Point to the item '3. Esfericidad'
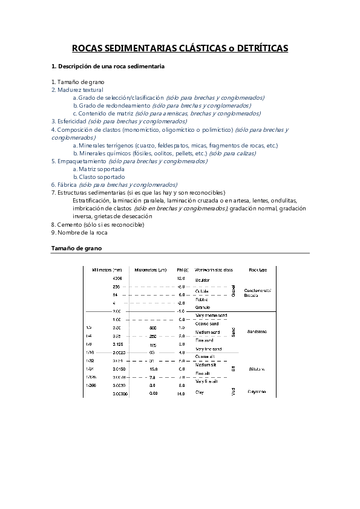(70, 121)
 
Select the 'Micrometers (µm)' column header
(151, 270)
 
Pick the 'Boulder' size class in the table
(203, 280)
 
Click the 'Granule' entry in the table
(203, 307)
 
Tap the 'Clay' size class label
(200, 393)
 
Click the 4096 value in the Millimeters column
(117, 278)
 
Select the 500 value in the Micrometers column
(152, 327)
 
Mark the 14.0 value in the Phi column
(180, 394)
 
